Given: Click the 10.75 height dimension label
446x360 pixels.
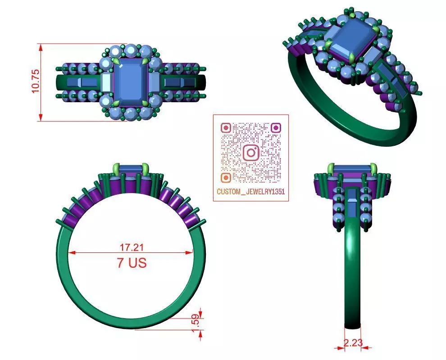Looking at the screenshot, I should click(35, 81).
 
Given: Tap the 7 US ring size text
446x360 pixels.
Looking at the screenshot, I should click(132, 263).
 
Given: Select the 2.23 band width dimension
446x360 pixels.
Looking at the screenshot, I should click(353, 342).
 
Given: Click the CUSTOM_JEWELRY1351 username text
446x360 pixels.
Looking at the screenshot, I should click(250, 192).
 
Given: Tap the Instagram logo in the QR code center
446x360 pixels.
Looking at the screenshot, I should click(251, 153).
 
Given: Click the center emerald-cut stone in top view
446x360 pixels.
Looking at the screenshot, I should click(131, 81).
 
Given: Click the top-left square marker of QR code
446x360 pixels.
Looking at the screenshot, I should click(226, 128).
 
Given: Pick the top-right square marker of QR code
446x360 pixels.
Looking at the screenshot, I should click(276, 128).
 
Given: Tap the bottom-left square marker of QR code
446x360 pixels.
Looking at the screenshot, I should click(226, 177).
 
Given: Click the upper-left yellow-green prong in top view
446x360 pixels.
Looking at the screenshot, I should click(117, 60).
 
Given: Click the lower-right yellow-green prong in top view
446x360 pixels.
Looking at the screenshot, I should click(145, 103).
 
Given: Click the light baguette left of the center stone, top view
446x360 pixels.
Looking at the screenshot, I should click(106, 82).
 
